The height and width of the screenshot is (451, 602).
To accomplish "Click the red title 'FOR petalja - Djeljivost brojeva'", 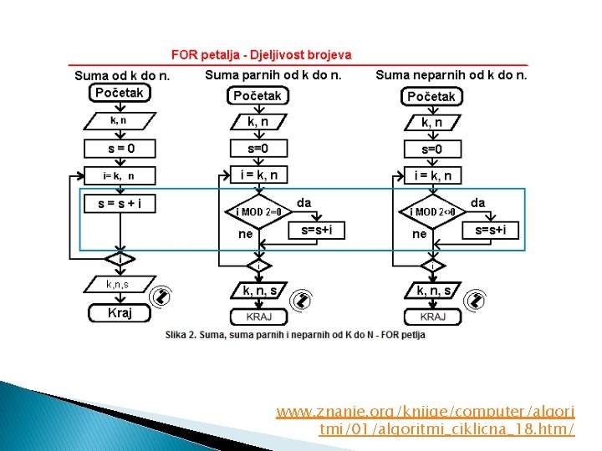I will [261, 55].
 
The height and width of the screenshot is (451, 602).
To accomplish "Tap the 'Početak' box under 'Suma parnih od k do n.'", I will [257, 96].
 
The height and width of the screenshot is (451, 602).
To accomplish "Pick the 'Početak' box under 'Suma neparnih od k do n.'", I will [431, 97].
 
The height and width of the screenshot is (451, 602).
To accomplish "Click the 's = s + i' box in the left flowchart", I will [120, 203].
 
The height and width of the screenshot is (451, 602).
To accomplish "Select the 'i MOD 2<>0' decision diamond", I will [432, 211].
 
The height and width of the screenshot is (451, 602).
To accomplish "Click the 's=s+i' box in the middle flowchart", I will [316, 230].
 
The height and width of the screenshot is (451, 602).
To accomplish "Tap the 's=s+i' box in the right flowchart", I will [496, 230].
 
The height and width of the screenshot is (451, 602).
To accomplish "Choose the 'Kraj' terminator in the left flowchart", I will [120, 313].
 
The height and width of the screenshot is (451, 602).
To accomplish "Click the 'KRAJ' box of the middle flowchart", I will [258, 317].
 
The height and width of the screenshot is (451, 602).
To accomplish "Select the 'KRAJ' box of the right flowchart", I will [432, 317].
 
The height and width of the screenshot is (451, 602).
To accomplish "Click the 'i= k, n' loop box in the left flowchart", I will [119, 176].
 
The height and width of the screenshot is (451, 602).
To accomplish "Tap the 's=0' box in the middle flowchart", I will [258, 149].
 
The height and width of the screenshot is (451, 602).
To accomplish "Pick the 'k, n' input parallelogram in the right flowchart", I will [432, 123].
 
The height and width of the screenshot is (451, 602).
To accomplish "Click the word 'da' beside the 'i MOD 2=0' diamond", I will [304, 203].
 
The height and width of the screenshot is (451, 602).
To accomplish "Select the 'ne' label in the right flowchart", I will [419, 235].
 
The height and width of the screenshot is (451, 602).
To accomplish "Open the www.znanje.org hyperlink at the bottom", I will [426, 420].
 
